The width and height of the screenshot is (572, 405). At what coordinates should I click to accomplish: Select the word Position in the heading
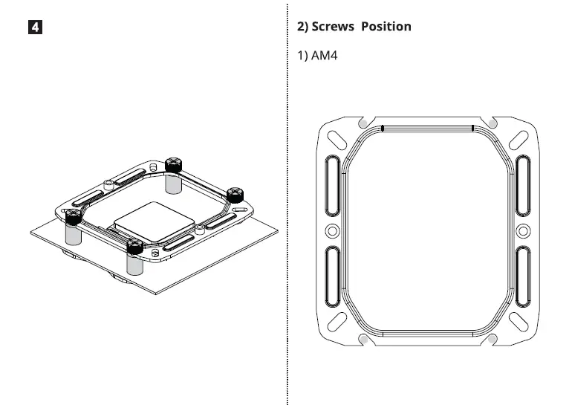click(386, 27)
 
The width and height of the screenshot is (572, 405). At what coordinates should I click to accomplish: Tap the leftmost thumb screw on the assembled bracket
click(72, 216)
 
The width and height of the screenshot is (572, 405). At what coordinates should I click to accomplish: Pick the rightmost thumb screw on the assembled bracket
click(235, 192)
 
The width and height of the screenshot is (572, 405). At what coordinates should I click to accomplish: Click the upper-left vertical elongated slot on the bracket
click(331, 182)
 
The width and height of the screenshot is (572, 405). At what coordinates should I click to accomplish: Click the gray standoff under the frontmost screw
click(134, 264)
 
